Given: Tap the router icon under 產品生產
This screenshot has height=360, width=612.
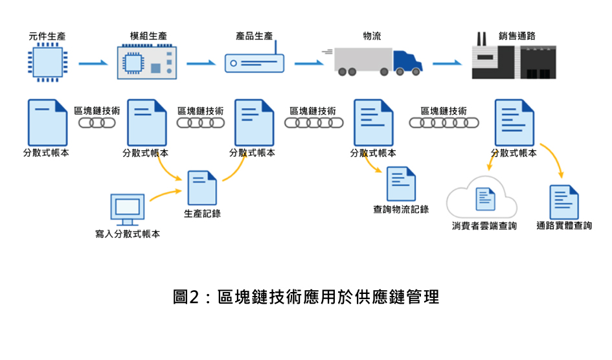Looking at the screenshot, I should coord(254,62).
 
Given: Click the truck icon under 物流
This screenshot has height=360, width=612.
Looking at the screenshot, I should coord(378,62).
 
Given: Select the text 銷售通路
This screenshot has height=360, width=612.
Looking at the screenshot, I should coord(517,36).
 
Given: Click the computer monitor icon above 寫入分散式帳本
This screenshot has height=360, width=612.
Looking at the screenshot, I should coord(127,208).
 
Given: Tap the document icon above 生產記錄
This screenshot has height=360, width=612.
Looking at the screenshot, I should coord(202,188).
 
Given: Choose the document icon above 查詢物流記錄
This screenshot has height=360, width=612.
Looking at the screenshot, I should coord(401,184).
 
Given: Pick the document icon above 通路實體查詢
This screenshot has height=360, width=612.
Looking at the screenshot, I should coord(564,201).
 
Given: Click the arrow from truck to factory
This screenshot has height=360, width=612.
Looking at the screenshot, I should coord(448,63).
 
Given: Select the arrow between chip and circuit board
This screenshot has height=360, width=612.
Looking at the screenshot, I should coord(93,63).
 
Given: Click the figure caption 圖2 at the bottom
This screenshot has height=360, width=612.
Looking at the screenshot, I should coord(306,297).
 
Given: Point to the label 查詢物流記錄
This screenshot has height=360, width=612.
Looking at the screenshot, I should coord(401,209).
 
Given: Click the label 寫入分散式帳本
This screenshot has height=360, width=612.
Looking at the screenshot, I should coord(128,234).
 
